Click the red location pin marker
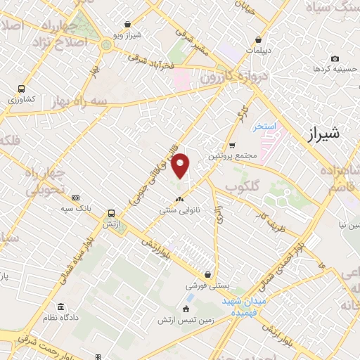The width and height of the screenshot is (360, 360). (x=181, y=166)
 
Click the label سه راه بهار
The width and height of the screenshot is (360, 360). (x=80, y=101)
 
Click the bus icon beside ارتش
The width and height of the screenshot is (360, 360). (x=111, y=214)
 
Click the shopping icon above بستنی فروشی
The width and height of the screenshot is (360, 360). (x=207, y=275)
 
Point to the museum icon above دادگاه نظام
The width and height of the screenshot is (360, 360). (x=61, y=308)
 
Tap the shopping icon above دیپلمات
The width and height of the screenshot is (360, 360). (x=260, y=39)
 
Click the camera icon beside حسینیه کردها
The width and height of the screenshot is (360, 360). (x=335, y=58)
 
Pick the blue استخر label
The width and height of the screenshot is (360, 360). (x=267, y=126)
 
